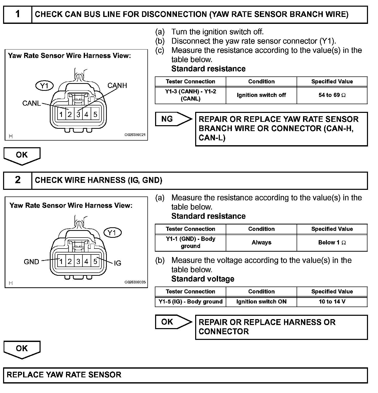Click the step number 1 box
(17, 14)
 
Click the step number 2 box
(17, 180)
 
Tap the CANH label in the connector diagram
(117, 85)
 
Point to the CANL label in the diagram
(31, 103)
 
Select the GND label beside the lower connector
(31, 262)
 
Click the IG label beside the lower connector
(117, 263)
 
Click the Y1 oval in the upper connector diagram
(44, 86)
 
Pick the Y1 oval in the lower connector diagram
(112, 233)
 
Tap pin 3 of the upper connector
(78, 114)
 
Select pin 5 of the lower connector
(95, 262)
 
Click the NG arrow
(173, 119)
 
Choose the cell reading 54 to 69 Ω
(332, 95)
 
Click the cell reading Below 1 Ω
(332, 242)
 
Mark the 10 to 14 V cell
(332, 302)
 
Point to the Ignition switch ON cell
(261, 302)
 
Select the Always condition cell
(261, 242)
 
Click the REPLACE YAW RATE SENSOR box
(185, 375)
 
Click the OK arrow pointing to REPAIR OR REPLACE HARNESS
(173, 322)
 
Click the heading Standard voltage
(203, 279)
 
